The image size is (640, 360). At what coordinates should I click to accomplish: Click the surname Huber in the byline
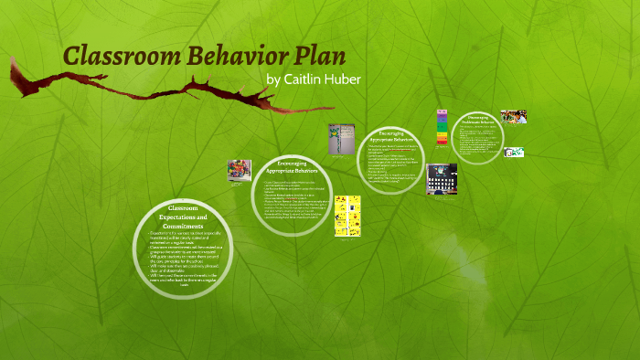pyautogui.click(x=345, y=80)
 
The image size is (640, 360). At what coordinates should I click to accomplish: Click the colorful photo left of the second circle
pyautogui.click(x=240, y=171)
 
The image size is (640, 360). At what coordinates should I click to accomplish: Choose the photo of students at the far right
pyautogui.click(x=513, y=117)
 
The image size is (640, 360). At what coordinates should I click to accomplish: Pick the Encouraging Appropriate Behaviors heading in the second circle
pyautogui.click(x=292, y=168)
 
